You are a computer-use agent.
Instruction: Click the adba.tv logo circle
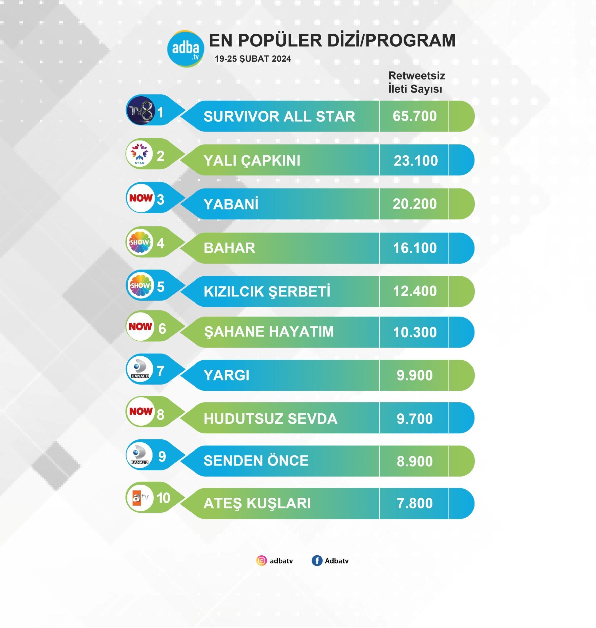(x=186, y=48)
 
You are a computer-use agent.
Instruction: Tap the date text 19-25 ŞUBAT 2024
(x=253, y=59)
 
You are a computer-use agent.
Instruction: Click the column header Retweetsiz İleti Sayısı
(x=416, y=82)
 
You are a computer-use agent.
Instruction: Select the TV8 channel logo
(x=141, y=110)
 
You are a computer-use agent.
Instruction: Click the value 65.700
(x=414, y=116)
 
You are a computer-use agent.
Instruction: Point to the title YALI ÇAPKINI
(x=252, y=160)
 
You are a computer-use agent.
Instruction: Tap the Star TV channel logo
(x=140, y=154)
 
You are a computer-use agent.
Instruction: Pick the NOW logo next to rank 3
(x=141, y=198)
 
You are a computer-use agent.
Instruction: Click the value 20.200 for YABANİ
(x=414, y=204)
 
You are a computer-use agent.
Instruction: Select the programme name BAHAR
(x=229, y=248)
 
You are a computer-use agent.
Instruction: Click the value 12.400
(x=415, y=291)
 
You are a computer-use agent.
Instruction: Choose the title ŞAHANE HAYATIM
(x=269, y=332)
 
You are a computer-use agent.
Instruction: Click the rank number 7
(x=161, y=371)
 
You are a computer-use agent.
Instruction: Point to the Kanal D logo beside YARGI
(x=140, y=369)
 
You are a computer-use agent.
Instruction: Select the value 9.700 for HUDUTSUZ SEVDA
(x=414, y=419)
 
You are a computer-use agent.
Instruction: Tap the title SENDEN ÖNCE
(x=256, y=461)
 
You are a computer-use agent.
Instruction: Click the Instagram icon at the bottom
(x=261, y=561)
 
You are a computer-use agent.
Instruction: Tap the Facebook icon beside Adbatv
(x=317, y=561)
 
